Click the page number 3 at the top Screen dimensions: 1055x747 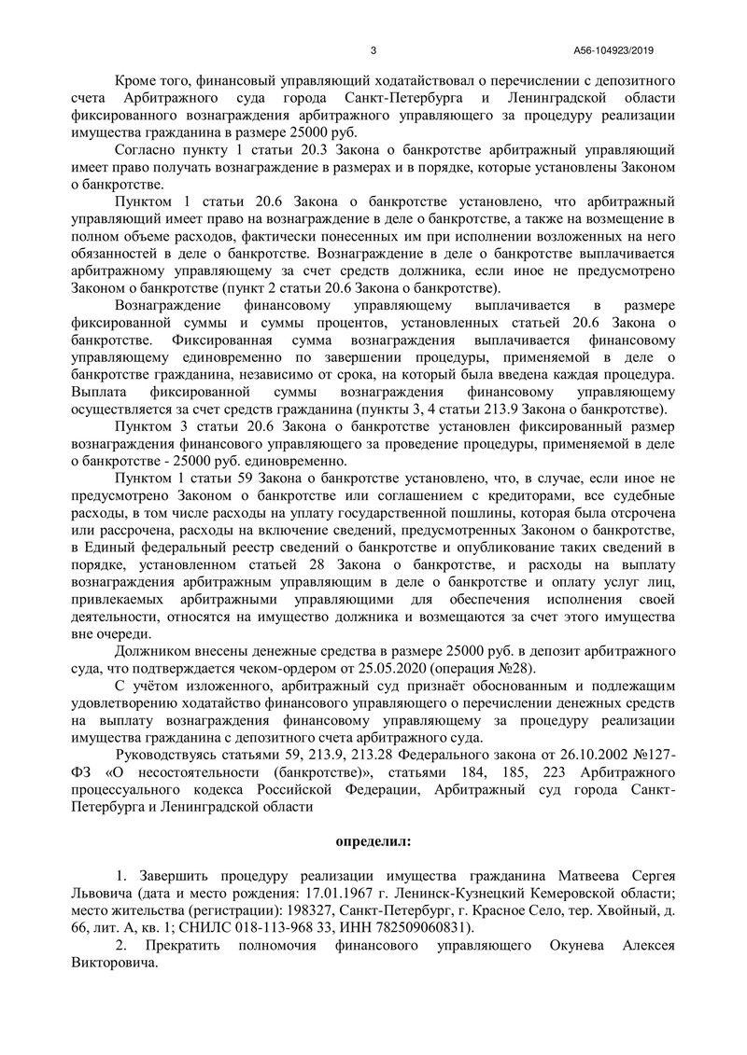(x=373, y=50)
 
